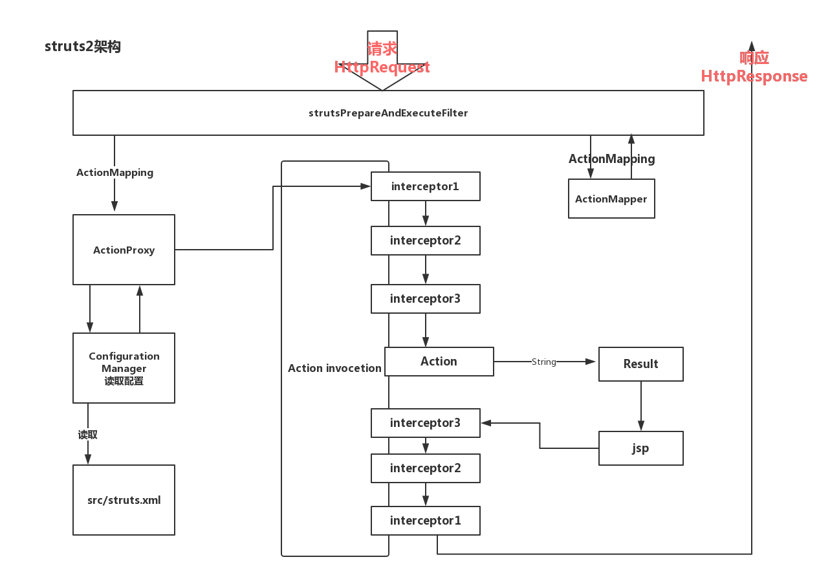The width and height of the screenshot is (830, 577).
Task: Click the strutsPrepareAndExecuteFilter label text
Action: tap(388, 113)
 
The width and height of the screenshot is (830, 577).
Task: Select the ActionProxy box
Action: tap(124, 250)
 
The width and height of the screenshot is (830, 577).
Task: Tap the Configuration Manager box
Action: tap(124, 368)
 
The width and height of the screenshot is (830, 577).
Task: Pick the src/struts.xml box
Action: tap(124, 500)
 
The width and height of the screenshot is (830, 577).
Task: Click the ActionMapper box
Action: tap(611, 199)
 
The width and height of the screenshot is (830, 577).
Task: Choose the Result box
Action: tap(640, 364)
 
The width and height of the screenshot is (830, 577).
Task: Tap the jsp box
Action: tap(640, 448)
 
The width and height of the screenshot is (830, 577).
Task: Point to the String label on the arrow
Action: tap(543, 362)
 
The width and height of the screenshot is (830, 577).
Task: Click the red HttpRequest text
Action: tap(382, 67)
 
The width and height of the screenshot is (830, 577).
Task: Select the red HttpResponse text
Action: tap(754, 76)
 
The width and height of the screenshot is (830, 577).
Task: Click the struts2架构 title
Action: tap(83, 47)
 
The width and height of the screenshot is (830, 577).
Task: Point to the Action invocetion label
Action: tap(334, 368)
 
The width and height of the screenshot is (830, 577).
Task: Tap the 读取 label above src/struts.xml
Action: tap(87, 435)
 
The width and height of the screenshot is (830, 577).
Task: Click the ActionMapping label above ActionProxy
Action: tap(115, 173)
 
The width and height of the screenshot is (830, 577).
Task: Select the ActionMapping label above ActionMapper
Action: tap(611, 159)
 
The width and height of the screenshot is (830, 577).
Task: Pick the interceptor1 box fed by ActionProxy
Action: tap(425, 186)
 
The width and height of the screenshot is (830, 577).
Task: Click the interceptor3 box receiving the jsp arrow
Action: tap(425, 423)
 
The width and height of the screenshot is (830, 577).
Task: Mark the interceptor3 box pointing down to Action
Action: tap(425, 299)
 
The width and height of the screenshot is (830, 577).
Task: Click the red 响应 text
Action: tap(754, 58)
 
